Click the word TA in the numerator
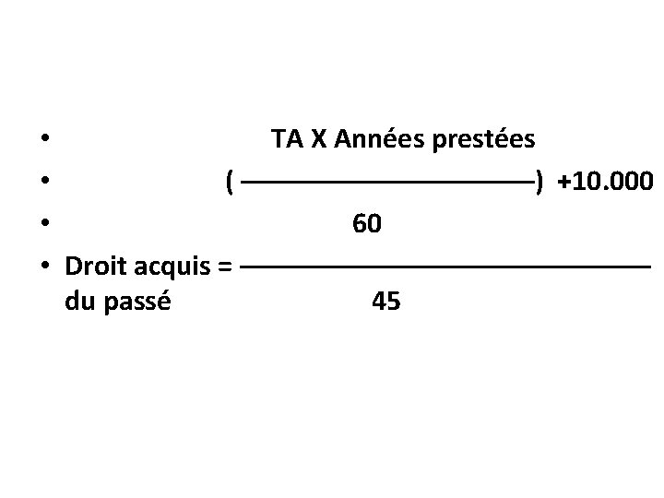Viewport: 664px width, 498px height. (288, 140)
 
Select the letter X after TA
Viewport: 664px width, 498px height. (318, 140)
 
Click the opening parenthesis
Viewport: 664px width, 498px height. (229, 183)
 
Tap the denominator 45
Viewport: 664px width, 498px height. (385, 302)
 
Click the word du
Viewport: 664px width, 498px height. (80, 301)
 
